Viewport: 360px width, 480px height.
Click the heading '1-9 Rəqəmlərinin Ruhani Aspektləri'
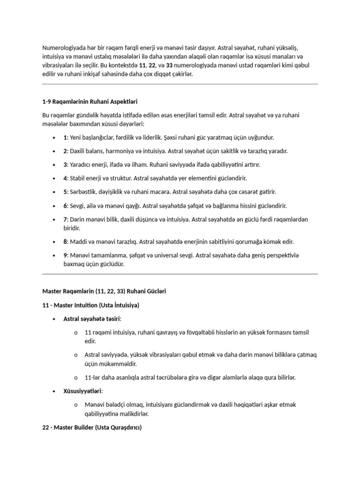pos(90,101)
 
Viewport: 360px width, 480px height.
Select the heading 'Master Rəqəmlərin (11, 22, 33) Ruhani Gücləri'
pos(104,291)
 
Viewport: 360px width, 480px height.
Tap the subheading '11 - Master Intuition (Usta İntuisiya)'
pos(91,305)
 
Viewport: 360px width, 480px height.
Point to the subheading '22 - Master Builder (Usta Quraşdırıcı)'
pos(92,428)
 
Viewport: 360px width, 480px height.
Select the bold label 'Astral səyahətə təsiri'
pos(92,319)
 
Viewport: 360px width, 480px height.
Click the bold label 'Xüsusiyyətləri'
pos(82,391)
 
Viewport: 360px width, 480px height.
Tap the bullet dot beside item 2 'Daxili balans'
pos(55,151)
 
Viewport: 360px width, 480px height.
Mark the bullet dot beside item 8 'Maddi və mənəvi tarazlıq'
pos(55,242)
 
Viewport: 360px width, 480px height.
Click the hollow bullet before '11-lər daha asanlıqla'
pos(75,377)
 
